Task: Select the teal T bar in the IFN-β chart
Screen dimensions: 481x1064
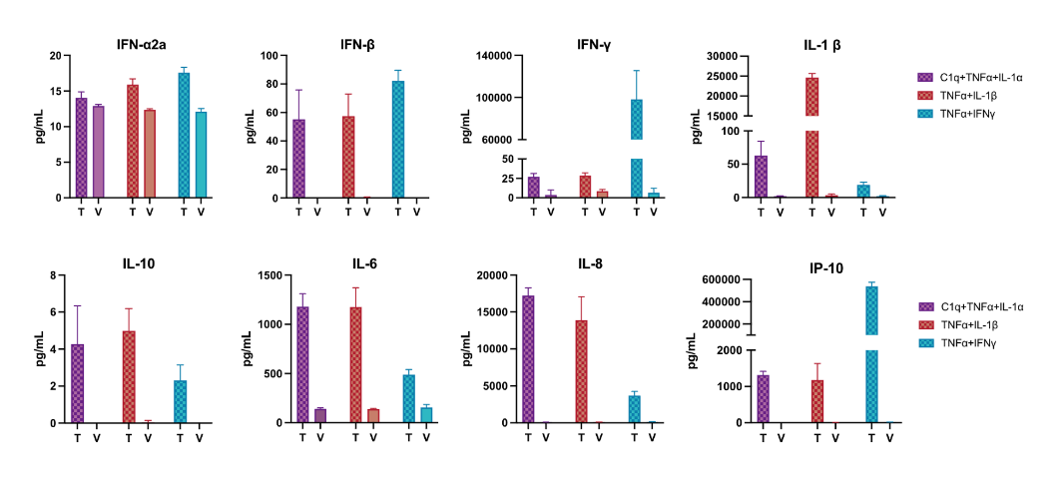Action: (398, 140)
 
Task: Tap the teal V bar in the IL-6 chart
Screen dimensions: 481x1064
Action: (426, 414)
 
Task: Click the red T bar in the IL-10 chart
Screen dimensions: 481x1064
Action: (129, 377)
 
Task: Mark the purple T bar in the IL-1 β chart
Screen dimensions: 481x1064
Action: (761, 177)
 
